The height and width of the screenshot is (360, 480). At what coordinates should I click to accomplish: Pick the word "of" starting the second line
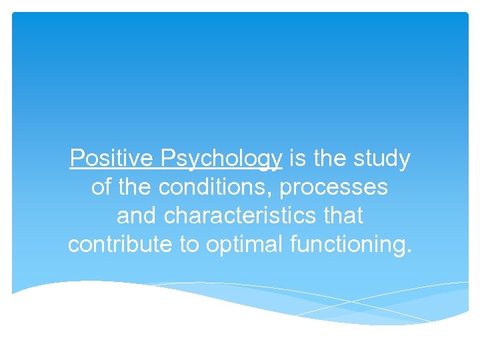pos(101,187)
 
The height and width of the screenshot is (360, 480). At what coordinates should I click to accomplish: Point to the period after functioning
pos(409,251)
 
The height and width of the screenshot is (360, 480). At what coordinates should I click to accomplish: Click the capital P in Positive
pos(77,159)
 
